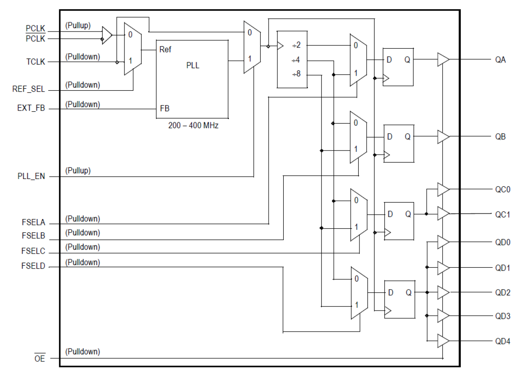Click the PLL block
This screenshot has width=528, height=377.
(192, 79)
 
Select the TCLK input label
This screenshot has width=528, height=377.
(35, 62)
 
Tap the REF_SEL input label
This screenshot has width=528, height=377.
(29, 89)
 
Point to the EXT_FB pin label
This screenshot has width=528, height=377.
(31, 109)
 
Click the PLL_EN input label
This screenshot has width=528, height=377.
(31, 177)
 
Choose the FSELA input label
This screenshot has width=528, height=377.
(34, 224)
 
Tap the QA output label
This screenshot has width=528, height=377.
(500, 60)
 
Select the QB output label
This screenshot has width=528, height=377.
(500, 137)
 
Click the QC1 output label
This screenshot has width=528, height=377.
(502, 214)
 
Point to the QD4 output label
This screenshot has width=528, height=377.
(502, 341)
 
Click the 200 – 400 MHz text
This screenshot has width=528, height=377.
(193, 126)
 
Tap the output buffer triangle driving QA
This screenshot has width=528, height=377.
(443, 60)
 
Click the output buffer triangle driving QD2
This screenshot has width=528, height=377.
(443, 293)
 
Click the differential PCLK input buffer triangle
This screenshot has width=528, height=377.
(107, 35)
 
